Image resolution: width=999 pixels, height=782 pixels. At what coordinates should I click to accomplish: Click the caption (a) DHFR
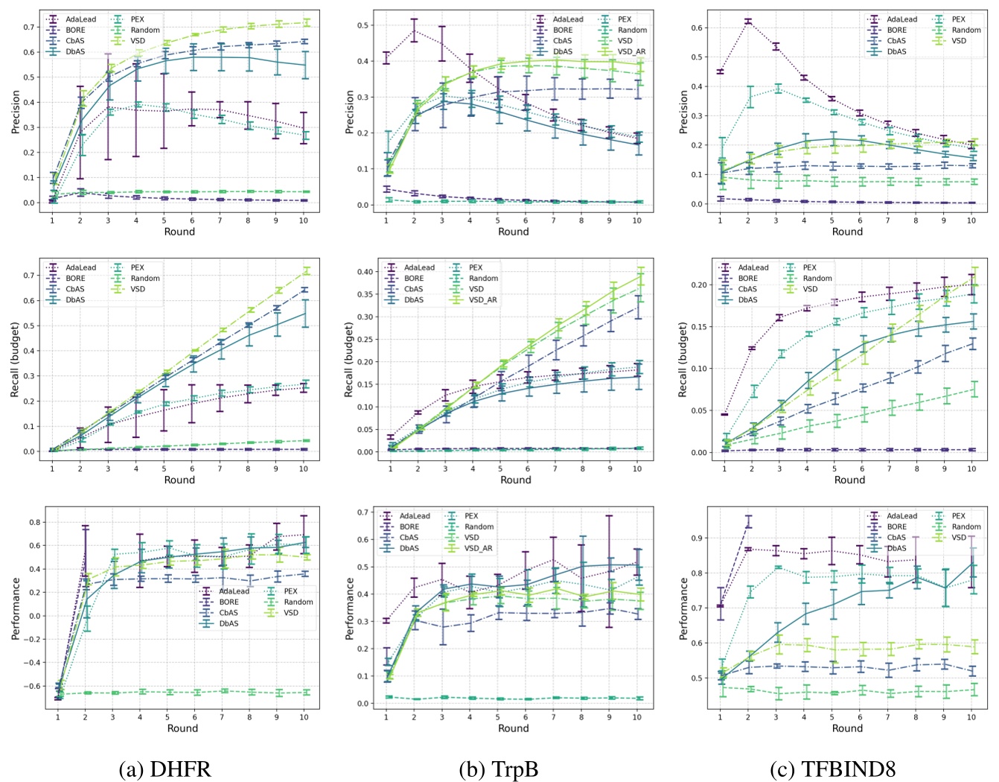[x=165, y=768]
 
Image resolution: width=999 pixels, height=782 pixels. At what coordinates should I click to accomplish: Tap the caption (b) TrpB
[x=513, y=768]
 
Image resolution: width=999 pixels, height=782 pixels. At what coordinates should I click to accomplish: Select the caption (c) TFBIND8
[x=846, y=768]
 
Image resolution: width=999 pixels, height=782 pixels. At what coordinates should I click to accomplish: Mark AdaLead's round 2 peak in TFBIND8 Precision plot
[x=748, y=21]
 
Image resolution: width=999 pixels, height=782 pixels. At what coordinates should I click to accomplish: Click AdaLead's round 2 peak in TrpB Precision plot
[x=414, y=31]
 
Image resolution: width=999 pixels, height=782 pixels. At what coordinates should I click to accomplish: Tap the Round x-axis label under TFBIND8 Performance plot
[x=847, y=728]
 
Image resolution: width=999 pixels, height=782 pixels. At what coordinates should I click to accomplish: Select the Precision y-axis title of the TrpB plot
[x=349, y=112]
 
